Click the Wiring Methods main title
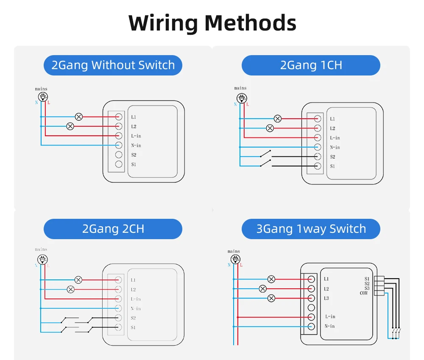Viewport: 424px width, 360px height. point(212,23)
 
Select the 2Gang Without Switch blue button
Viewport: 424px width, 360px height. point(113,65)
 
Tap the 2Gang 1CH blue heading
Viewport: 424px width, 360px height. point(311,65)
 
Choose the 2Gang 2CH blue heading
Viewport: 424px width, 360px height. point(113,229)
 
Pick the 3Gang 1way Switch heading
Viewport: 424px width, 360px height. point(311,229)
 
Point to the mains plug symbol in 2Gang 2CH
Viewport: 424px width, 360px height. point(43,259)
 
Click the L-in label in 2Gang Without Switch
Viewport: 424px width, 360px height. point(136,136)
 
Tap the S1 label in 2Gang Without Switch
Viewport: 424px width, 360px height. point(134,165)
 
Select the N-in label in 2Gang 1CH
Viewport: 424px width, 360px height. point(335,148)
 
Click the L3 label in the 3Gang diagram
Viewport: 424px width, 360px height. point(326,299)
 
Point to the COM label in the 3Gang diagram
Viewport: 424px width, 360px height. point(364,293)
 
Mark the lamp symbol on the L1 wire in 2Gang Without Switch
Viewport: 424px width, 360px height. point(78,117)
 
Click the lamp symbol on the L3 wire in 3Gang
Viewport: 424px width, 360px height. point(271,299)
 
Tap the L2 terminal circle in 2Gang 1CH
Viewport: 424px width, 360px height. point(317,128)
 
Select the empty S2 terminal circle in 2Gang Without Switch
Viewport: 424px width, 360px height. point(119,155)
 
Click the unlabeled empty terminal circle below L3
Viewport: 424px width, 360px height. point(312,307)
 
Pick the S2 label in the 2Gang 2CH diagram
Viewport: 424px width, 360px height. point(133,318)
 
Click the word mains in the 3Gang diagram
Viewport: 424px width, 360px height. point(234,251)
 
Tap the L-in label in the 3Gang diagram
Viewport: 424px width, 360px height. point(330,317)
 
